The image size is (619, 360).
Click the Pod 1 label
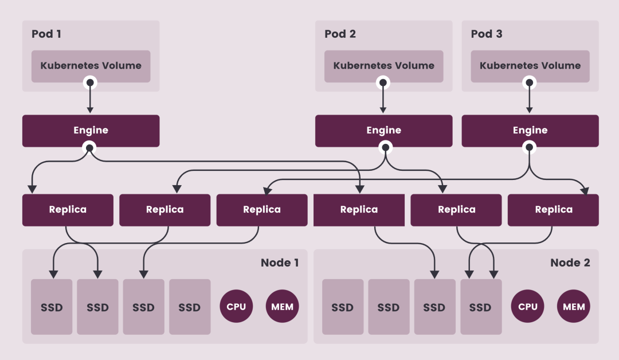46,34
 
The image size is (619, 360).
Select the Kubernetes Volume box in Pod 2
383,66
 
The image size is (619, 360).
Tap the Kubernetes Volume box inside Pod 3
530,66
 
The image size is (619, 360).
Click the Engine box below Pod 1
91,131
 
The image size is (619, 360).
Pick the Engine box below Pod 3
530,131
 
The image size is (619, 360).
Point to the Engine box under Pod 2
383,131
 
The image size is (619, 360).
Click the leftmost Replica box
68,210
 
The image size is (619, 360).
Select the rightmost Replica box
553,210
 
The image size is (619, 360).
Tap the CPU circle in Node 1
236,307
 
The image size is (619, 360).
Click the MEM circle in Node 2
573,307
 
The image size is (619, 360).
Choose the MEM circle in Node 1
282,307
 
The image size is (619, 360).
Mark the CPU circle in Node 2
527,307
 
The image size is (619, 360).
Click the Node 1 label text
280,263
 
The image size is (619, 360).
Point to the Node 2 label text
570,263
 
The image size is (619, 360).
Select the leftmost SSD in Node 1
52,307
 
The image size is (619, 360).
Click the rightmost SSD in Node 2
480,307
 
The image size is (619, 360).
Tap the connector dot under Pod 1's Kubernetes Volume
90,83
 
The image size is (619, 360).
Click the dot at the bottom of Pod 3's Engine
530,148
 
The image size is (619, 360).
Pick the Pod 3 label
486,34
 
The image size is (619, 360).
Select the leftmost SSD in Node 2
343,307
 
